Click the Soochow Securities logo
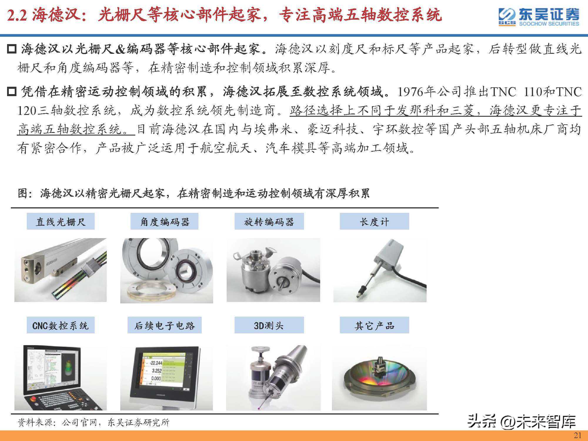(x=539, y=17)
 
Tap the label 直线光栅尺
(x=61, y=221)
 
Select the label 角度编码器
(x=164, y=221)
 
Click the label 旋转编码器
(x=269, y=221)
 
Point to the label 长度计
(x=374, y=221)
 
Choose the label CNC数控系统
(x=61, y=325)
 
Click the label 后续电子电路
(x=164, y=325)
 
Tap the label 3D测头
(x=269, y=325)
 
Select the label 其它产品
(x=374, y=325)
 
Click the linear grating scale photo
(x=61, y=270)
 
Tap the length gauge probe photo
(x=380, y=270)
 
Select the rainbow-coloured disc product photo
(x=379, y=378)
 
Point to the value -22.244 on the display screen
(x=155, y=363)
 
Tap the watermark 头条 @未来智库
(x=522, y=422)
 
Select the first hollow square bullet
(x=12, y=49)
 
